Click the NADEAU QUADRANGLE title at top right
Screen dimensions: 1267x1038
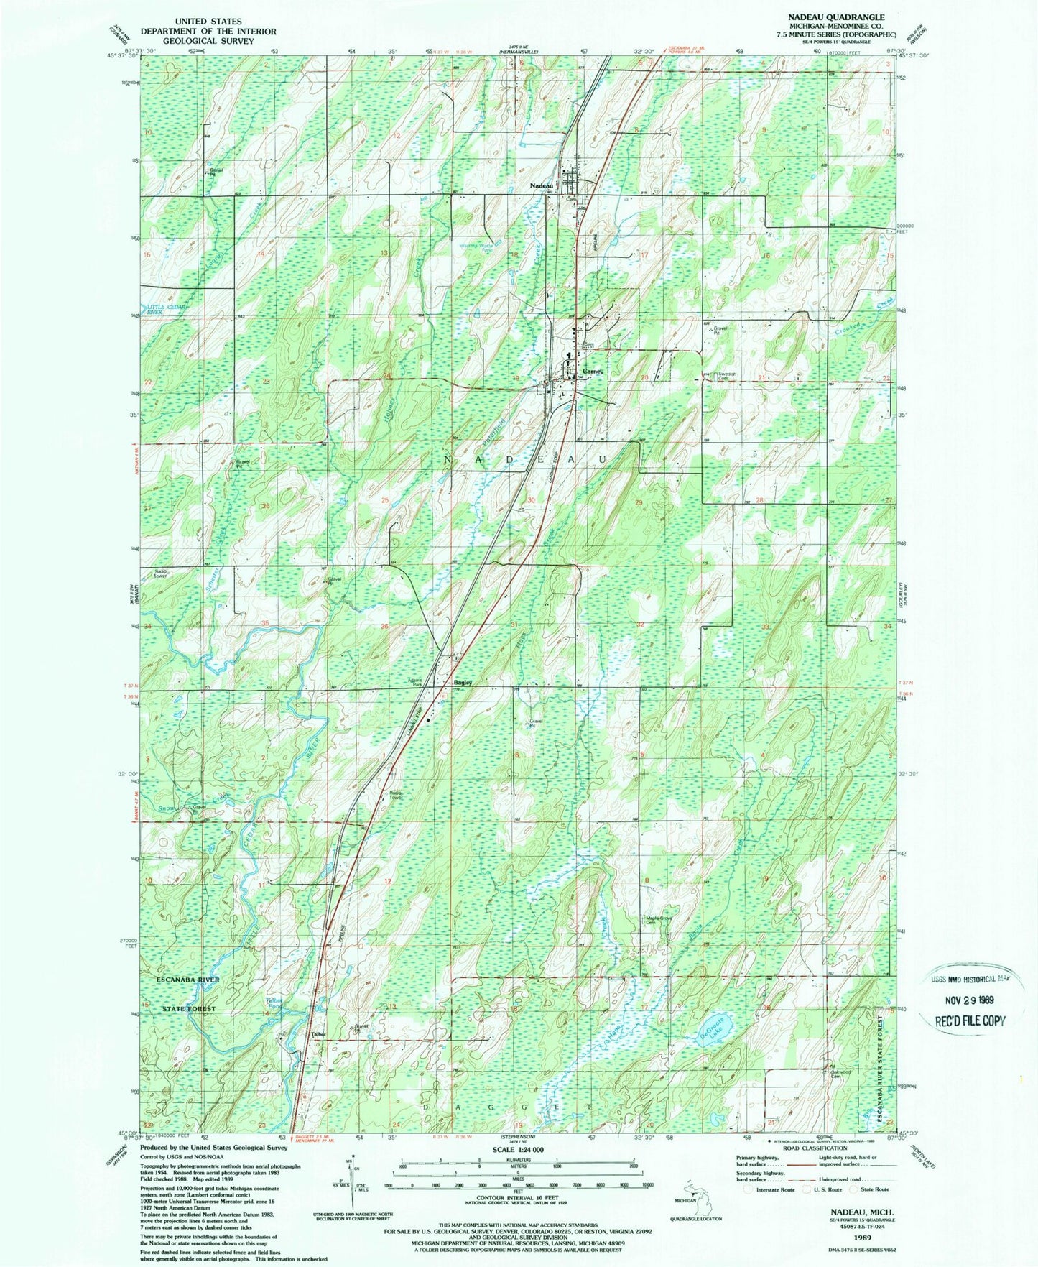(845, 16)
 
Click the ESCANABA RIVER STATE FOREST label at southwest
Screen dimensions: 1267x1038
(190, 994)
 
